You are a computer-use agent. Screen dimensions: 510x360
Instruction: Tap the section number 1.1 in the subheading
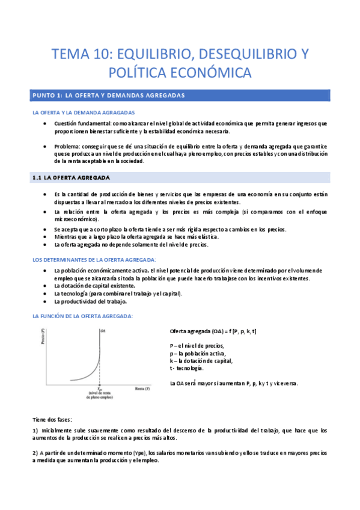38,177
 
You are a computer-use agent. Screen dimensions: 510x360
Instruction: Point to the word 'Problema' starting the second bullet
69,146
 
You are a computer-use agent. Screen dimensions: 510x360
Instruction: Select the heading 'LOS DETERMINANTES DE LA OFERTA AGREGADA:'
94,259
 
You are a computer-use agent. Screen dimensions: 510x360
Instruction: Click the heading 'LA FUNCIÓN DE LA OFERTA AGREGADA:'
82,316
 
